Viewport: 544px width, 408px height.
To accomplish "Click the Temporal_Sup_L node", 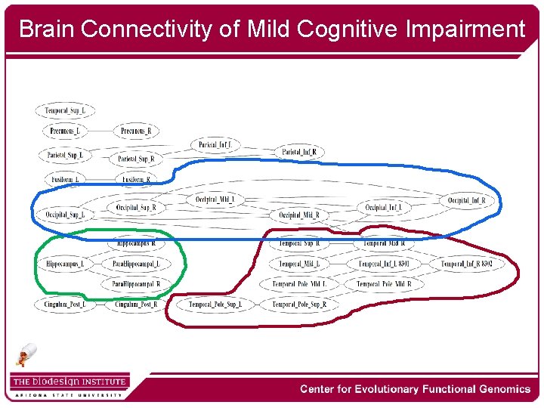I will pyautogui.click(x=65, y=111).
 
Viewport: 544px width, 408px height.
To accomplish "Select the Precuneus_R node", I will pyautogui.click(x=136, y=131).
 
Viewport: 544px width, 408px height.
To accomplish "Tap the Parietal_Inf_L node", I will pyautogui.click(x=216, y=144).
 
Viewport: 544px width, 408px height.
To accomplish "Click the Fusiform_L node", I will pyautogui.click(x=65, y=179).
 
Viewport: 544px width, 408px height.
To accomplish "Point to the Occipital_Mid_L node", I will pyautogui.click(x=215, y=199).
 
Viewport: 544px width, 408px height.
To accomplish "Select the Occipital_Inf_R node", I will pyautogui.click(x=466, y=201).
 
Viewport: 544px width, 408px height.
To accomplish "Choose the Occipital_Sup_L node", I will pyautogui.click(x=65, y=215).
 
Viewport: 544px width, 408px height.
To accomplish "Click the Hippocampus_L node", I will pyautogui.click(x=65, y=264).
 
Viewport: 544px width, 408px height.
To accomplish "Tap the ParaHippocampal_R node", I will pyautogui.click(x=136, y=284).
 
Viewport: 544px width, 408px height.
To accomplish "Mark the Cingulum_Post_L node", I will pyautogui.click(x=65, y=304).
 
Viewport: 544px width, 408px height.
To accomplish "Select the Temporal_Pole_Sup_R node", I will pyautogui.click(x=299, y=304).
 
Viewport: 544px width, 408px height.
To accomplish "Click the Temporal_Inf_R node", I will pyautogui.click(x=466, y=264).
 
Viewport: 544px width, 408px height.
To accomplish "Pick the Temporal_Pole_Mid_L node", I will pyautogui.click(x=299, y=284).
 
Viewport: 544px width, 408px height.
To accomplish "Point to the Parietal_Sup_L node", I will pyautogui.click(x=65, y=156).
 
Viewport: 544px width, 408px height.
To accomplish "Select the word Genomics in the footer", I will pyautogui.click(x=498, y=389).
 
